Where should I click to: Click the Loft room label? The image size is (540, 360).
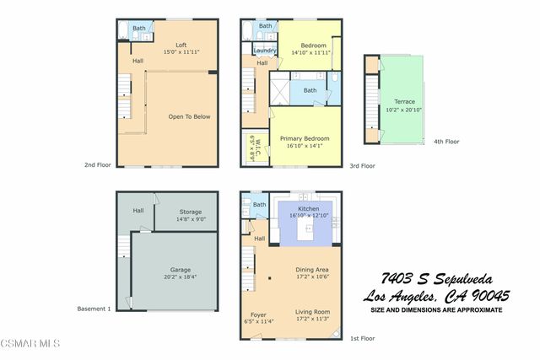pyautogui.click(x=181, y=45)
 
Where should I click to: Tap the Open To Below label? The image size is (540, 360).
pyautogui.click(x=189, y=116)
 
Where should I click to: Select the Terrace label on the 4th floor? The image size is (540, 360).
pyautogui.click(x=404, y=102)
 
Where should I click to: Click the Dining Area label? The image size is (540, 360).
pyautogui.click(x=311, y=270)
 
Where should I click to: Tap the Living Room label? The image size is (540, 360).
pyautogui.click(x=311, y=312)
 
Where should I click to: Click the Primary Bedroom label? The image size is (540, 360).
pyautogui.click(x=305, y=138)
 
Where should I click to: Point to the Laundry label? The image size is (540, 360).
pyautogui.click(x=265, y=51)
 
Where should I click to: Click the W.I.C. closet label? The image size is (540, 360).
pyautogui.click(x=251, y=149)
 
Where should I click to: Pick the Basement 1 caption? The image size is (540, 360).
pyautogui.click(x=94, y=309)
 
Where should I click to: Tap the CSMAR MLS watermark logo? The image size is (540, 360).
pyautogui.click(x=30, y=343)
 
